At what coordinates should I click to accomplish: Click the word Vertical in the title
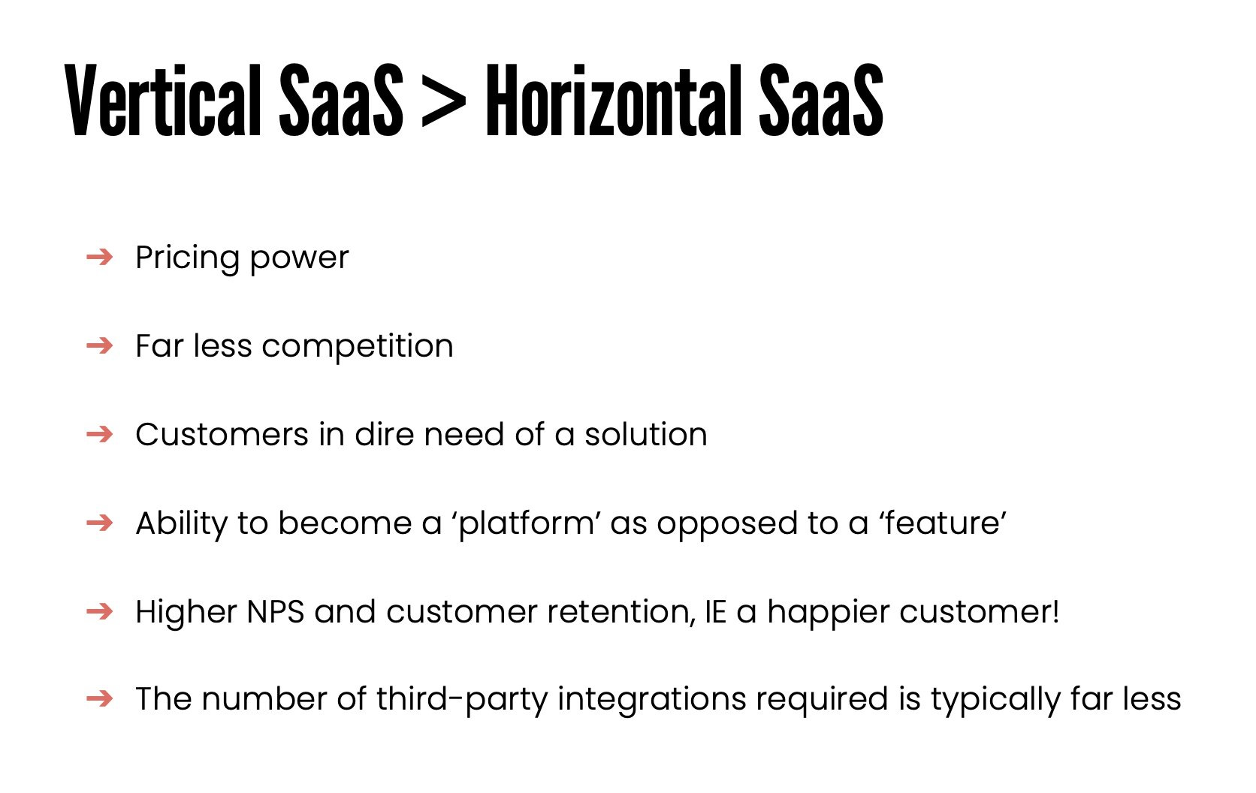pyautogui.click(x=162, y=101)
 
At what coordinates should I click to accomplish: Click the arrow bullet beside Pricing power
pyautogui.click(x=99, y=258)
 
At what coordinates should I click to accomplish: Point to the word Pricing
pyautogui.click(x=187, y=258)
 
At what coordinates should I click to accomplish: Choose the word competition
pyautogui.click(x=358, y=347)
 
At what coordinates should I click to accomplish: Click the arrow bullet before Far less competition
pyautogui.click(x=99, y=346)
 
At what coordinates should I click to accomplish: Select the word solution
pyautogui.click(x=646, y=435)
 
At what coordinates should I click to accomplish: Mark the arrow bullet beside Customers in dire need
pyautogui.click(x=99, y=435)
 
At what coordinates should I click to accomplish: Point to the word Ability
pyautogui.click(x=181, y=523)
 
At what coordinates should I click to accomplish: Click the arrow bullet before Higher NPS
pyautogui.click(x=99, y=612)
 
